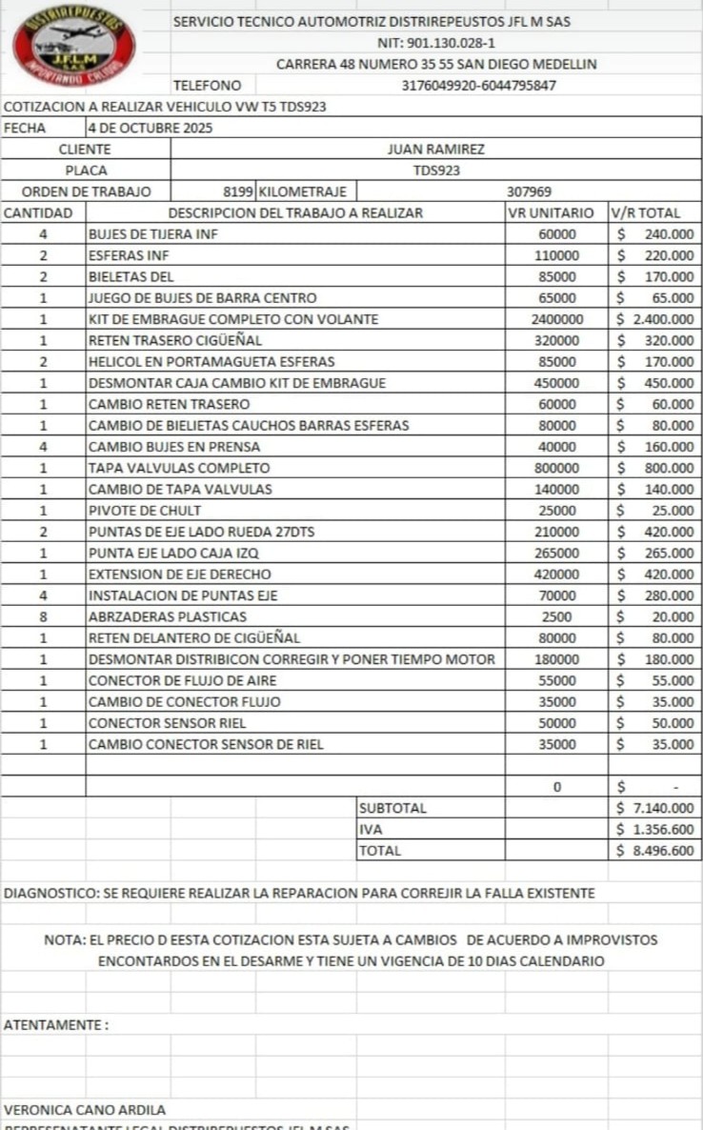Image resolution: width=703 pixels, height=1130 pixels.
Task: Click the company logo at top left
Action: tap(73, 46)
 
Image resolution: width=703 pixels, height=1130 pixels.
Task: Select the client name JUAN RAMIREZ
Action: tap(436, 150)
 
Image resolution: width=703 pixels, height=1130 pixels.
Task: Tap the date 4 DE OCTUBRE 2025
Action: tap(151, 128)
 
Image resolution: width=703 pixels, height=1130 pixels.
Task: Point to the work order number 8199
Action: tap(238, 192)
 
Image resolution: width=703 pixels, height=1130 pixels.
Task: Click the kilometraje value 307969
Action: tap(529, 192)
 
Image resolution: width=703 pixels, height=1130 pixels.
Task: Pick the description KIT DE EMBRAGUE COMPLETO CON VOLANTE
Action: tap(233, 319)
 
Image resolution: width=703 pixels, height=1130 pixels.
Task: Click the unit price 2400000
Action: tap(557, 319)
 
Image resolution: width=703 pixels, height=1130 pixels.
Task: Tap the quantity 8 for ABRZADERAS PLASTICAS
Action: tap(43, 616)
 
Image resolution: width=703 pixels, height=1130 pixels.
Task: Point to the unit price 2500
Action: tap(557, 616)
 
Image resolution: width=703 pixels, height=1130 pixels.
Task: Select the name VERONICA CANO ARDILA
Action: tap(85, 1110)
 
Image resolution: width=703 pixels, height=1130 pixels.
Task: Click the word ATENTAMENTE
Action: tap(53, 1025)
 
